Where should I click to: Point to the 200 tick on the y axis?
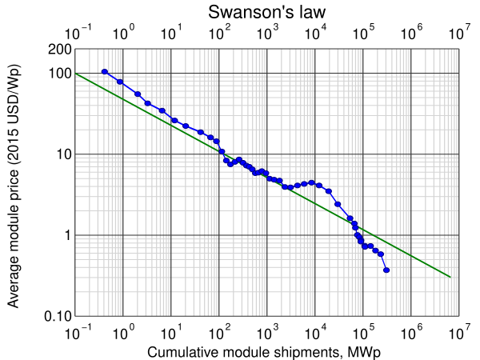(x=58, y=50)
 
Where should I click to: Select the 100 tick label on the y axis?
(x=58, y=74)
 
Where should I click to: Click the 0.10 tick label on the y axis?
(x=55, y=316)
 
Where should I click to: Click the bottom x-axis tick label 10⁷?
(x=458, y=330)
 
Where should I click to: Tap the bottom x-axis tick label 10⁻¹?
(x=74, y=330)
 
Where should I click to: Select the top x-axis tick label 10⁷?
(x=458, y=34)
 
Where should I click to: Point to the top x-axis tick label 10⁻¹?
(x=74, y=34)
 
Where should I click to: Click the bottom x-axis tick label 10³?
(x=266, y=330)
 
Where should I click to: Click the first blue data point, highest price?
(x=105, y=72)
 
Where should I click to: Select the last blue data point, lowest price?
(x=387, y=270)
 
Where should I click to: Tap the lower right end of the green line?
(x=451, y=277)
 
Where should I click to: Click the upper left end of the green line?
(x=75, y=74)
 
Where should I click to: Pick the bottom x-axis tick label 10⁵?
(x=362, y=330)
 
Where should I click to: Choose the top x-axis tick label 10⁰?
(x=122, y=34)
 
